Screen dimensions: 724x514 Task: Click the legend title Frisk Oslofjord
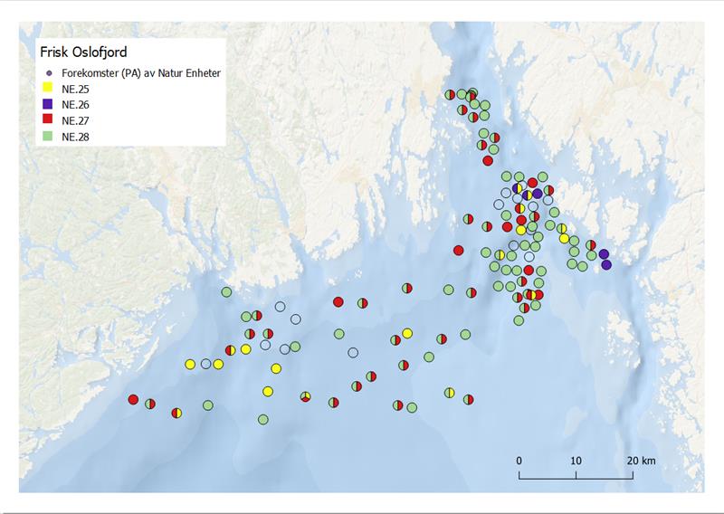tap(76, 52)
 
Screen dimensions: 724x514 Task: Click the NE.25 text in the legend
tap(76, 89)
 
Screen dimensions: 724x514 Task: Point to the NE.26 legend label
tap(76, 105)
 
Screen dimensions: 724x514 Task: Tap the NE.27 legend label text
tap(76, 120)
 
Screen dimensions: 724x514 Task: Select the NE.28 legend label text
tap(76, 137)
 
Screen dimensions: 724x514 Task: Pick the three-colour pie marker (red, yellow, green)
tap(306, 396)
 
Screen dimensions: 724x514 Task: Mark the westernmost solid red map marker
tap(133, 399)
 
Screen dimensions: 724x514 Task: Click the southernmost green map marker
tap(262, 419)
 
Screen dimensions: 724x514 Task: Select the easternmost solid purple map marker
tap(606, 264)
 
